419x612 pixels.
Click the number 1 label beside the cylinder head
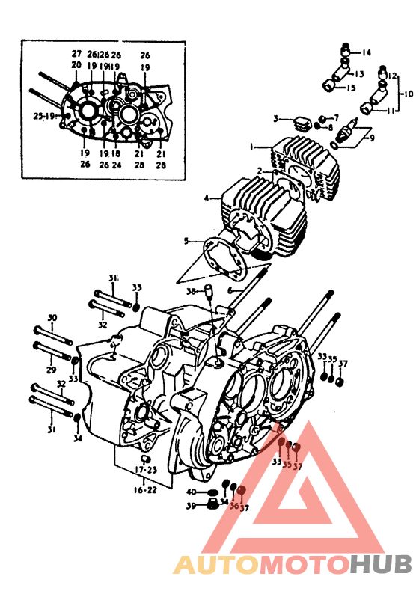tap(253, 147)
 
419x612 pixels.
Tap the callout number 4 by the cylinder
tap(207, 198)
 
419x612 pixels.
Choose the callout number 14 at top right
tap(367, 52)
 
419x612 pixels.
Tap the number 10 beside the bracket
tap(409, 95)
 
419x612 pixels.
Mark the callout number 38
tap(191, 292)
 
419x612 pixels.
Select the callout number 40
tap(192, 492)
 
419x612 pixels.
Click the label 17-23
tap(146, 470)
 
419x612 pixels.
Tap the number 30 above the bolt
tap(52, 318)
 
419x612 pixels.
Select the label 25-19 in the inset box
tap(43, 116)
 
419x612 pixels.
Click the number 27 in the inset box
tap(76, 54)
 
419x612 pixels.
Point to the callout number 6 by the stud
tap(231, 290)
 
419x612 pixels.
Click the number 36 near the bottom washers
tap(234, 506)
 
